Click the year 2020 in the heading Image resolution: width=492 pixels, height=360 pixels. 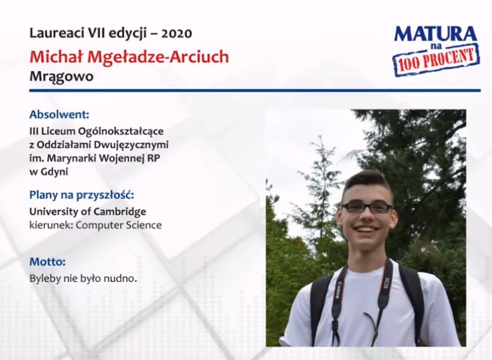tap(177, 33)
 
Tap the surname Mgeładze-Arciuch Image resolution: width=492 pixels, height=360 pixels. tap(158, 57)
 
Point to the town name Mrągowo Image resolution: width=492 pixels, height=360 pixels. tap(62, 77)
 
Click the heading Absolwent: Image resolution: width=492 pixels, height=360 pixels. tap(59, 114)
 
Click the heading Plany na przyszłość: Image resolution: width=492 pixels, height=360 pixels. tap(81, 195)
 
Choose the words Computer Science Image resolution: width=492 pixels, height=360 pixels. tap(119, 225)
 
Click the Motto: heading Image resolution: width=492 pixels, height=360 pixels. tap(47, 261)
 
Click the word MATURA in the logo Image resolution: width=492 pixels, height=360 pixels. tap(436, 34)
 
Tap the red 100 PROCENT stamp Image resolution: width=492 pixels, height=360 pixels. tap(436, 60)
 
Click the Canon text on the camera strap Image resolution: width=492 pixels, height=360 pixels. tap(339, 290)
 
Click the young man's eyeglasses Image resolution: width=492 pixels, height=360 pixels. tap(367, 208)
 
